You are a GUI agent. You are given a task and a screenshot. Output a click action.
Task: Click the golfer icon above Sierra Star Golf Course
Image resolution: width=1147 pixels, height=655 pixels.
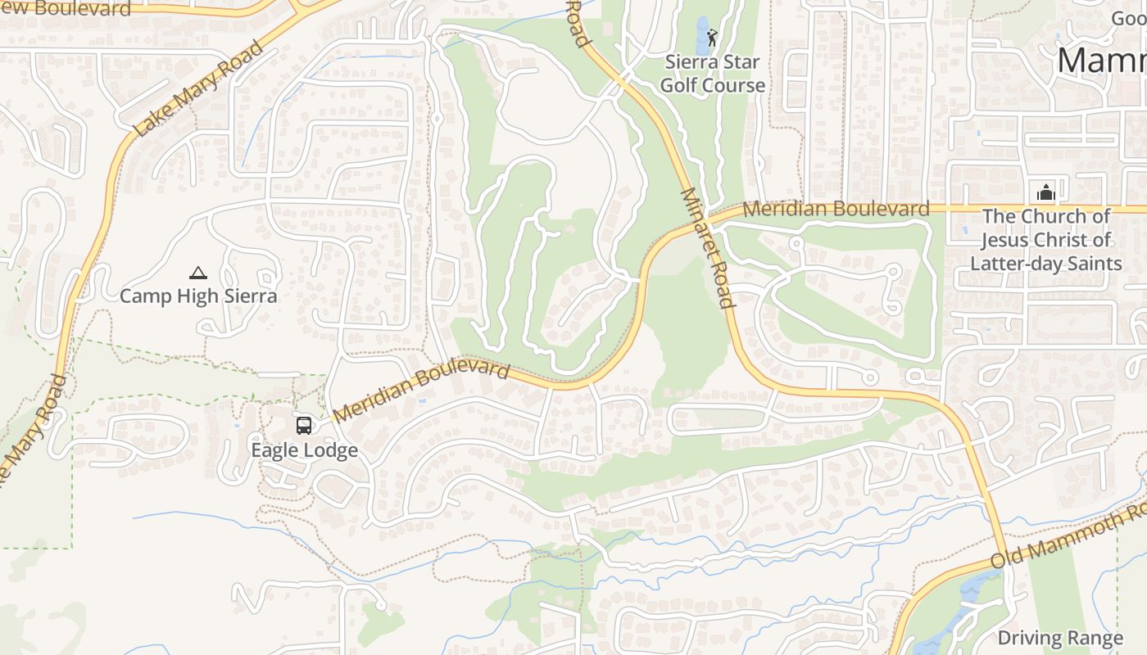coord(712,37)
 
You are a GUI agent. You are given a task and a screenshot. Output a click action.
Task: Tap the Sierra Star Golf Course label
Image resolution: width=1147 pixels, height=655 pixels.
coord(712,74)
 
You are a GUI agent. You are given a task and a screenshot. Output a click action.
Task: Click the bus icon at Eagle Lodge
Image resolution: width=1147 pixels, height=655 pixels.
coord(304,425)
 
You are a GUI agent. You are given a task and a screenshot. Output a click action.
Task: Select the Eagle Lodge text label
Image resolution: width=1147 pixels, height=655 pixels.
coord(304,450)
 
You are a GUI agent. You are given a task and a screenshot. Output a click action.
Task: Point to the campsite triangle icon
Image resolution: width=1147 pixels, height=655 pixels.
coord(197,273)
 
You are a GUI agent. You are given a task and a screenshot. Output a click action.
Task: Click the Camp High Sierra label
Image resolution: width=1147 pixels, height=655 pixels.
coord(198,296)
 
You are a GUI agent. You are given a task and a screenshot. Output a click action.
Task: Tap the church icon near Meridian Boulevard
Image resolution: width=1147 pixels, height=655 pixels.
coord(1045,193)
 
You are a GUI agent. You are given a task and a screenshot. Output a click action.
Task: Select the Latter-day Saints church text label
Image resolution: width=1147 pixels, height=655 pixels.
coord(1045,240)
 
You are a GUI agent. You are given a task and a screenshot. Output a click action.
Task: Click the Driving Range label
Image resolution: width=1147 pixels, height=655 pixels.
coord(1059,638)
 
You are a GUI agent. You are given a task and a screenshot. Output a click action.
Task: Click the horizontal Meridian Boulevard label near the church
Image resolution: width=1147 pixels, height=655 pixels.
coord(836,209)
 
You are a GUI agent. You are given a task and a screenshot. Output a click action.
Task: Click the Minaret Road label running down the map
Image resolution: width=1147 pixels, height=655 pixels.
coord(706,247)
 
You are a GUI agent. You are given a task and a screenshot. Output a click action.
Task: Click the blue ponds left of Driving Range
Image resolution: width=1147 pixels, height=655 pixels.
coord(967,606)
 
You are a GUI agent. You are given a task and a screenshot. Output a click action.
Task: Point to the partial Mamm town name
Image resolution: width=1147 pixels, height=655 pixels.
coord(1102,61)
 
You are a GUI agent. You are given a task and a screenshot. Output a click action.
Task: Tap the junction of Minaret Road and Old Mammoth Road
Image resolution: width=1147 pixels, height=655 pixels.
coord(1004,557)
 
